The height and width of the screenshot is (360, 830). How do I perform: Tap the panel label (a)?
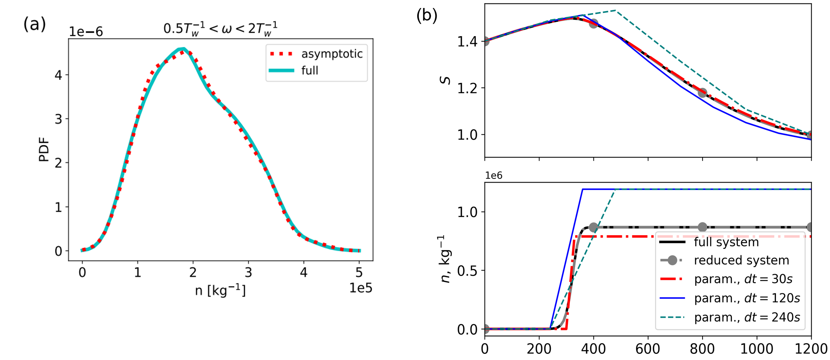pos(35,24)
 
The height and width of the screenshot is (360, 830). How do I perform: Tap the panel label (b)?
pos(427,16)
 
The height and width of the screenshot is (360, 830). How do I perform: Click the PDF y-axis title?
pos(44,150)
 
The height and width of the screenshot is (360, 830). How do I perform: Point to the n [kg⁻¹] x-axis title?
pos(220,291)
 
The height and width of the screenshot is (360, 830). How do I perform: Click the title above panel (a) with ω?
pos(220,29)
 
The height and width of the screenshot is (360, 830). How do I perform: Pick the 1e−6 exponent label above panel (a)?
pos(86,32)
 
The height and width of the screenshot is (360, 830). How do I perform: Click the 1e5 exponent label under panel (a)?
pos(361,288)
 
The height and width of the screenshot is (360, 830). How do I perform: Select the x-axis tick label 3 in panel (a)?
pos(248,272)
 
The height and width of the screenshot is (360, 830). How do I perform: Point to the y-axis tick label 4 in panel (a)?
pos(58,75)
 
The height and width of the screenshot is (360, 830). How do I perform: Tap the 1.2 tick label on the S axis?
pos(467,88)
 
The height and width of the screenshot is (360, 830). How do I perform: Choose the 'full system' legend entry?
pos(726,242)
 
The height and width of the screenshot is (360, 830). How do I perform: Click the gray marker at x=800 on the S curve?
pos(703,93)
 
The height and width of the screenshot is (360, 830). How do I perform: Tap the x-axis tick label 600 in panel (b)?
pos(648,349)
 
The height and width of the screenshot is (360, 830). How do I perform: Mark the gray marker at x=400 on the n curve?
pos(593,228)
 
